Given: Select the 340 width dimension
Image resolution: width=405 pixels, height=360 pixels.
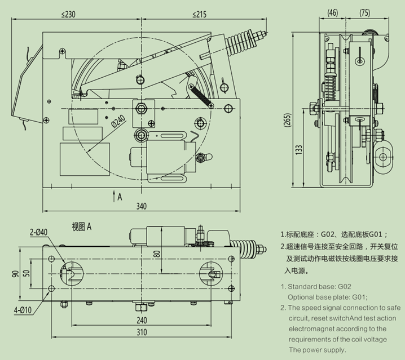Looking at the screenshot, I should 141,206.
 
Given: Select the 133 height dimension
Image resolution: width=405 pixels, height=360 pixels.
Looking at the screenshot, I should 299,149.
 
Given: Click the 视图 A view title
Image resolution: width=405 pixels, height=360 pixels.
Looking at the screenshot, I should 81,226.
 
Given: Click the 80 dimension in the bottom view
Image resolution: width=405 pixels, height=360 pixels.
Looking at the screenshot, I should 158,254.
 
